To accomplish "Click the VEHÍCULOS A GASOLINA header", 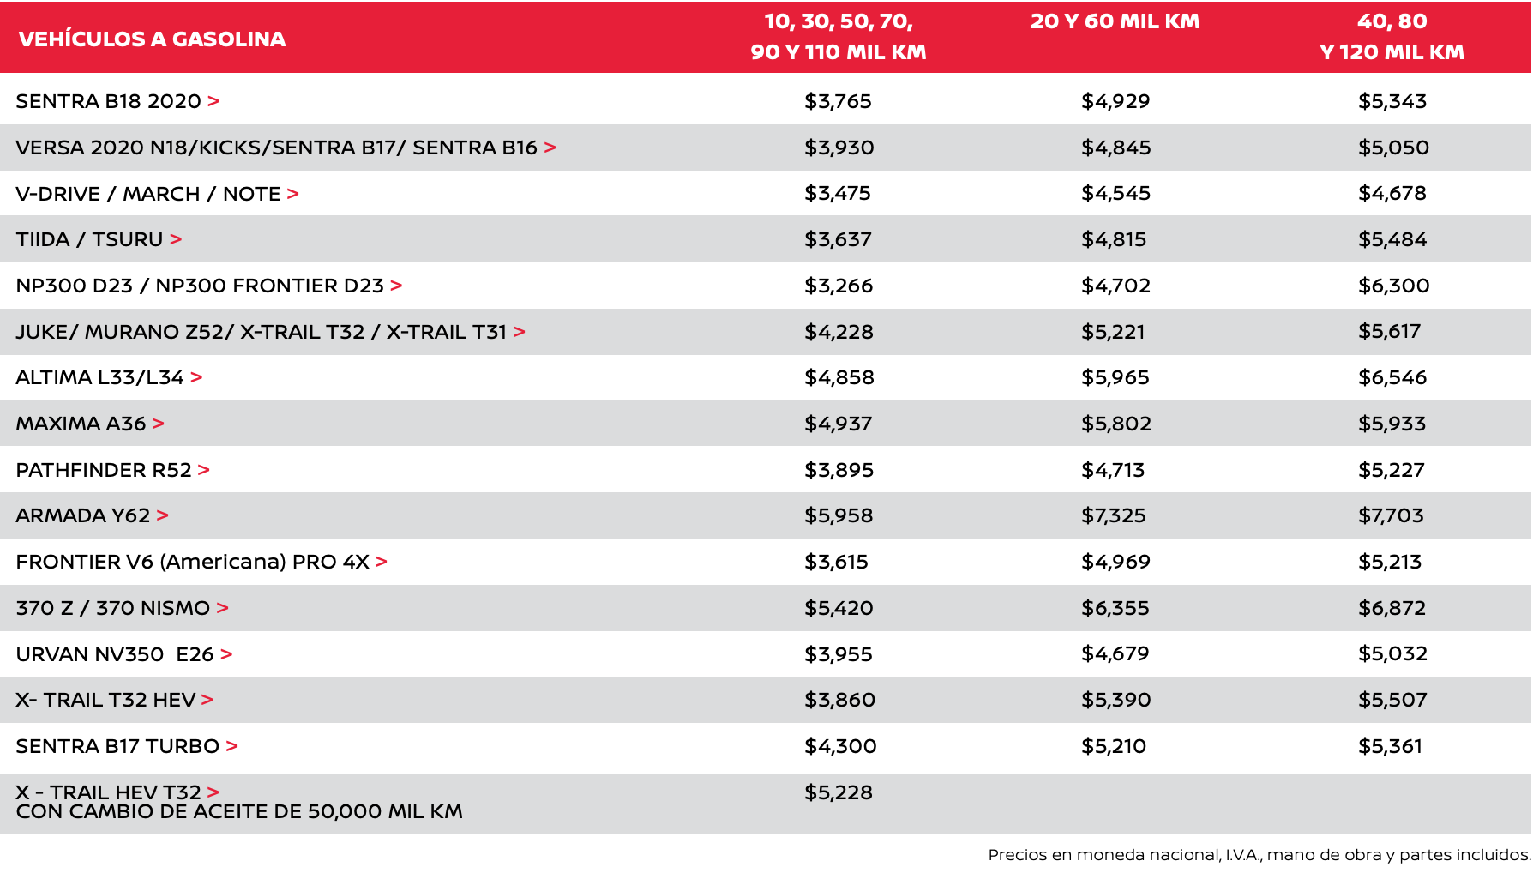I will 152,39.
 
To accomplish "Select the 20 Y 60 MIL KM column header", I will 1115,21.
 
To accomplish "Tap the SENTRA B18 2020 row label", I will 108,101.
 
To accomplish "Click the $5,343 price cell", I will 1392,101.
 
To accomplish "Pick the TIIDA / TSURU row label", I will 89,239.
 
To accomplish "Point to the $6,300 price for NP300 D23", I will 1393,286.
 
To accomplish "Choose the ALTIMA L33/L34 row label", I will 99,377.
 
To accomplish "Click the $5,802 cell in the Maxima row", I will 1115,424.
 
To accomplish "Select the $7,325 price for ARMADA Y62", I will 1113,515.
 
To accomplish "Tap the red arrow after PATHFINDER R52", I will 204,470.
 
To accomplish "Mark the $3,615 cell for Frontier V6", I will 836,562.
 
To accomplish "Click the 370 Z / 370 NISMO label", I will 112,608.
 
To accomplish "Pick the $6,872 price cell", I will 1392,608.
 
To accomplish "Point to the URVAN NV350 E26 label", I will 114,654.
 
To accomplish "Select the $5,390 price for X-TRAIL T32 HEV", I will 1115,700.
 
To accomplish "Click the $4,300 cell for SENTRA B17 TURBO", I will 840,746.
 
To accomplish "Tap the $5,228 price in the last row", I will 838,792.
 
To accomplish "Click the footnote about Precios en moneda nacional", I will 1259,854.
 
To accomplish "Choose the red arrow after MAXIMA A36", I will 159,424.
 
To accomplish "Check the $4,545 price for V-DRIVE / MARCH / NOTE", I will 1115,193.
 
